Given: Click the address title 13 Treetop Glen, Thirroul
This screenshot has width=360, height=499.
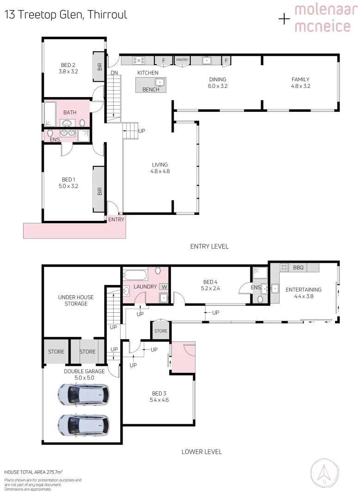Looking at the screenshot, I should coord(66,15).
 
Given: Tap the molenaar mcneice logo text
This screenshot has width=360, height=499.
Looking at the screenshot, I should coord(322,18).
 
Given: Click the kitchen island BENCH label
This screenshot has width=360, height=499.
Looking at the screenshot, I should coord(151,90).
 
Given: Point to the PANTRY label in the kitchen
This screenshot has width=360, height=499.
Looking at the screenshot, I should coord(182,60).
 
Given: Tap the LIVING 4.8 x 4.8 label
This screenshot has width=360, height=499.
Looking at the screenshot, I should coord(160,168).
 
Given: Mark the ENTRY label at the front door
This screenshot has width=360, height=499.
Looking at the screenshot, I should coord(116,219).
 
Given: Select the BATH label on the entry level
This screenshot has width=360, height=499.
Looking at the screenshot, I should coord(70,113).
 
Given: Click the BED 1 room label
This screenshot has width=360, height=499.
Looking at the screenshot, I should coord(67,183).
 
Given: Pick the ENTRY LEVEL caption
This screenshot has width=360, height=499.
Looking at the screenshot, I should coord(209,246).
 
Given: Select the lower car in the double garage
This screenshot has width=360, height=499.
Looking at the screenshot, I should coord(84,424).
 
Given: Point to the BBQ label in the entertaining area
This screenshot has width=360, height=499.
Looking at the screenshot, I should coord(298,268).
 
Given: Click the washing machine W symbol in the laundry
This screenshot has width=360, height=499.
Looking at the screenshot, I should coord(164,287).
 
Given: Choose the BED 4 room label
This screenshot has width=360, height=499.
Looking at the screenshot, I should coord(210,285).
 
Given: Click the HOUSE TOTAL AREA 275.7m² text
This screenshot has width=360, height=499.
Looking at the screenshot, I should coord(33,472).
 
